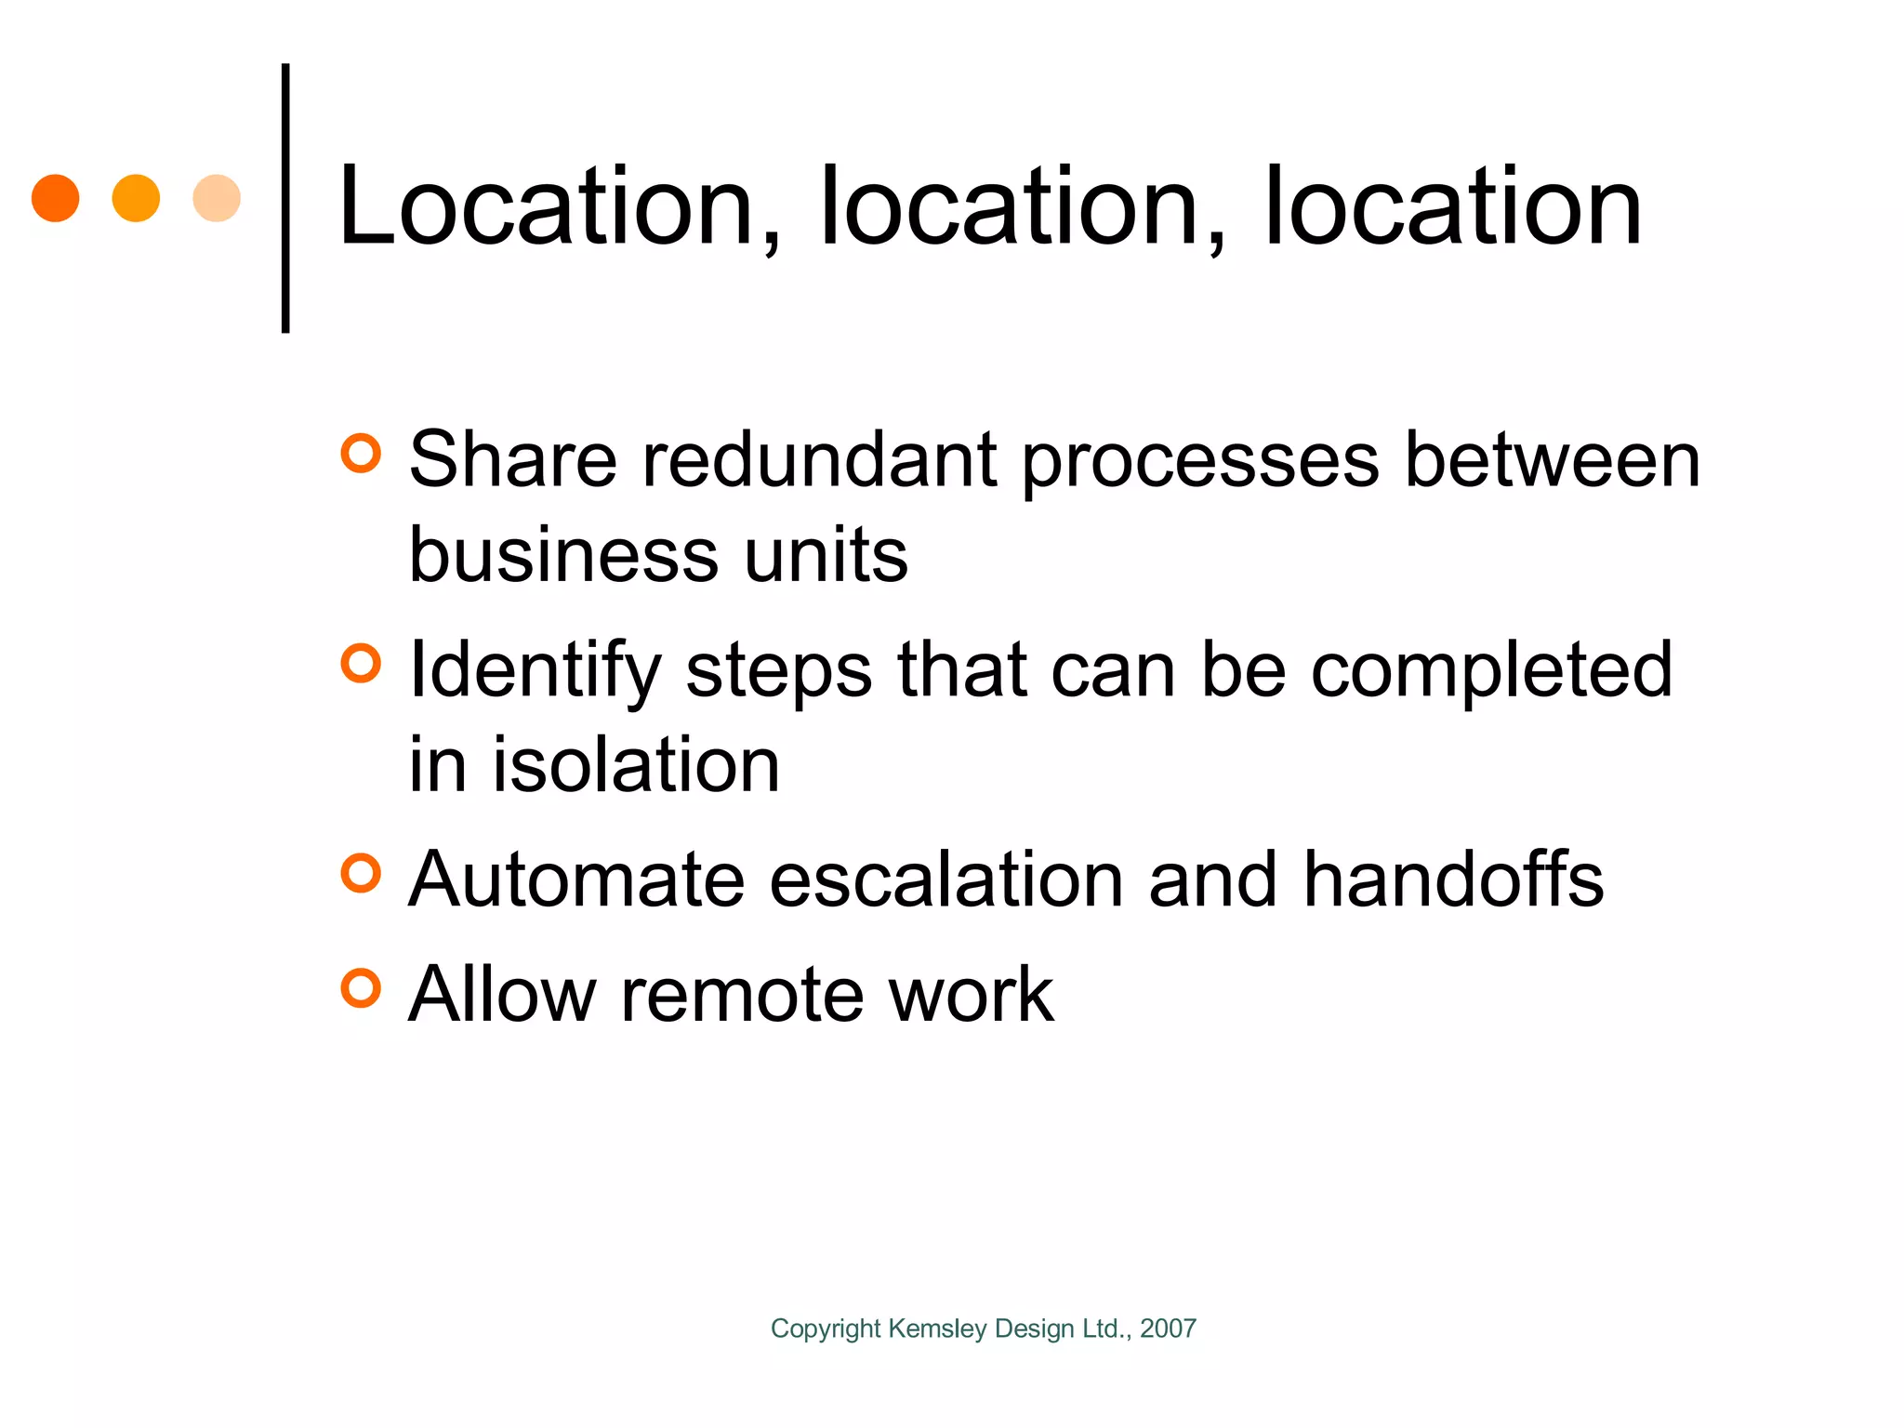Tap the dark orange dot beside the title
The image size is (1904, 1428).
[56, 198]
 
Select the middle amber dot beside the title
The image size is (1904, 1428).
[136, 198]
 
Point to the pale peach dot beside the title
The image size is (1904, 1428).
[217, 198]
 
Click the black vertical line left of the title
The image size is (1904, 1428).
[285, 197]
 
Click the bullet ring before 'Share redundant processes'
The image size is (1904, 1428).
[361, 454]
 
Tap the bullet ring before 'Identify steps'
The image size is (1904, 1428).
[361, 664]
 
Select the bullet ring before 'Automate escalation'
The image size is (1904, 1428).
[361, 874]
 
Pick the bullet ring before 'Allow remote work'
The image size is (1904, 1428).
[361, 988]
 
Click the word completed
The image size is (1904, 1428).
[1491, 671]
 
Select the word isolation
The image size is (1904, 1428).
[636, 765]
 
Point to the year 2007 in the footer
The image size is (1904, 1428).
[1168, 1329]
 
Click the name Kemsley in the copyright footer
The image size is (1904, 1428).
[937, 1329]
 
